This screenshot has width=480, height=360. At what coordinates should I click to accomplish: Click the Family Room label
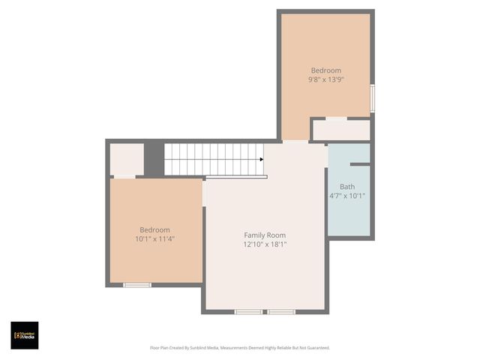pos(265,235)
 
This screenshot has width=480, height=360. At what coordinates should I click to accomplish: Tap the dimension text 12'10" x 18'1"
pos(265,244)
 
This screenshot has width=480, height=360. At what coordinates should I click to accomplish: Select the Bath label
pos(347,187)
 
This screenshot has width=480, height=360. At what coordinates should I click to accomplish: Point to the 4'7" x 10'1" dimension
pos(347,196)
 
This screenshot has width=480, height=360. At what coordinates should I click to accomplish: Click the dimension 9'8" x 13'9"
pos(325,79)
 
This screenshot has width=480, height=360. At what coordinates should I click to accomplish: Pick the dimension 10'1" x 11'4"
pos(155,239)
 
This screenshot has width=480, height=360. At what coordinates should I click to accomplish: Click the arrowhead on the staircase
pos(261,159)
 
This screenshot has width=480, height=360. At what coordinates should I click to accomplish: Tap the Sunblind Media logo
pos(25,335)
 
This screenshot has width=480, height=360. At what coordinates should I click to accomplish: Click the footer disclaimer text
pos(240,348)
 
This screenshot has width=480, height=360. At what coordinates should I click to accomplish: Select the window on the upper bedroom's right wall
pos(372,98)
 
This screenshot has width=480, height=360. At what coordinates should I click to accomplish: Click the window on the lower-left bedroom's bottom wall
pos(137,285)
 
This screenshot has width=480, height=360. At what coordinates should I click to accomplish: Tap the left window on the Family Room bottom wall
pos(248,311)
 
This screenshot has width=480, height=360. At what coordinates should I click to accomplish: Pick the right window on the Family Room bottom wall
pos(281,311)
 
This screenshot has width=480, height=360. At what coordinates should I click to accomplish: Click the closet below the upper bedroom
pos(341,130)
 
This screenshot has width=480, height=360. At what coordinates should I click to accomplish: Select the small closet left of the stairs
pos(126,159)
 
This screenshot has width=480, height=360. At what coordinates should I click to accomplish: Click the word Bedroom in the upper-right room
pos(326,70)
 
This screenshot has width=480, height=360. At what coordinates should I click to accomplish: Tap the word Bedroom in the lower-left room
pos(155,230)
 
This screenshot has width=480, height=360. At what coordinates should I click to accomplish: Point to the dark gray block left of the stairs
pos(154,159)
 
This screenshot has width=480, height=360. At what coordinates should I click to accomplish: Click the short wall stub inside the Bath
pos(360,164)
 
